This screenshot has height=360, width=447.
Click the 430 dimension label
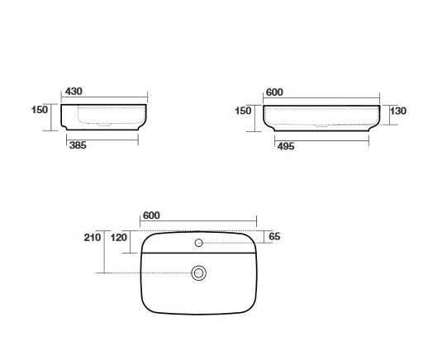[x=74, y=92]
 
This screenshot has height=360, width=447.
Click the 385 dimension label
[x=78, y=145]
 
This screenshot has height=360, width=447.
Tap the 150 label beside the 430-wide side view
[x=40, y=109]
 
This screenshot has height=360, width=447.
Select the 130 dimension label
[x=398, y=111]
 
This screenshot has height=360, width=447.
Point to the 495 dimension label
[x=286, y=146]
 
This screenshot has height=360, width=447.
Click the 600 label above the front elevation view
[x=274, y=92]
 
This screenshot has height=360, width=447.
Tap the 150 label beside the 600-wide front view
[x=243, y=111]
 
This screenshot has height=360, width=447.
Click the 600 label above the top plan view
[x=151, y=216]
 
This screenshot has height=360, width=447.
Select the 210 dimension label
[x=93, y=237]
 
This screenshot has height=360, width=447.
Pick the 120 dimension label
[x=119, y=237]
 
